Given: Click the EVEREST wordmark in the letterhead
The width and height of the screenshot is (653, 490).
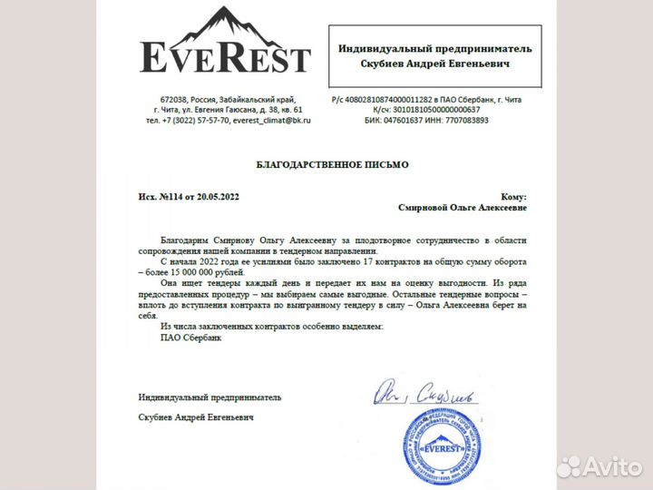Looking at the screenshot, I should [225, 57].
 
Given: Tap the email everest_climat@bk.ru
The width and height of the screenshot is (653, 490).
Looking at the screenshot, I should [271, 120].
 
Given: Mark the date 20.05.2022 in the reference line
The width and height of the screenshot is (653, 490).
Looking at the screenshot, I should [217, 196].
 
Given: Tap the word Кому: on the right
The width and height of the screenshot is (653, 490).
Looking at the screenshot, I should [512, 196].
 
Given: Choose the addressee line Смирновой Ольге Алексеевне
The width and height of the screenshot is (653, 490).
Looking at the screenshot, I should [462, 207].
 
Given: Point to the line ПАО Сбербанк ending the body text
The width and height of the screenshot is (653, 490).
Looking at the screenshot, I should [190, 338].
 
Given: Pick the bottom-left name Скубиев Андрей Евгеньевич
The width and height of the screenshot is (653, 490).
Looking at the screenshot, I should [196, 417].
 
